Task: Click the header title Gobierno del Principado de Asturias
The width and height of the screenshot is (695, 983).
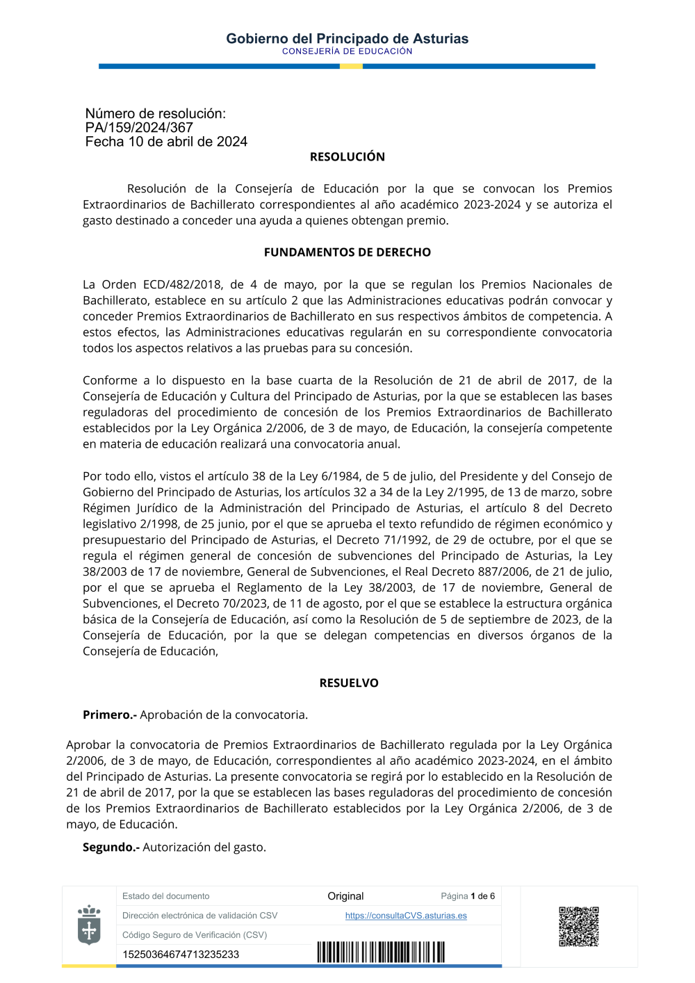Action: click(347, 38)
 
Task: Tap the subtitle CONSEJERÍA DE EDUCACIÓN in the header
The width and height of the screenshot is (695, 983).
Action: click(347, 51)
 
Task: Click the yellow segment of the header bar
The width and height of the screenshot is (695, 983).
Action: click(351, 67)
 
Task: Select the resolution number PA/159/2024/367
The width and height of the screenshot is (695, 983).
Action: click(139, 128)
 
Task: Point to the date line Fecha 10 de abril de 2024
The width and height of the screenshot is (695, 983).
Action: click(166, 142)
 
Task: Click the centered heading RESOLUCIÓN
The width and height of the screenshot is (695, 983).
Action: click(347, 157)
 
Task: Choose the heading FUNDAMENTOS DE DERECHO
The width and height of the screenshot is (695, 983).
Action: click(347, 252)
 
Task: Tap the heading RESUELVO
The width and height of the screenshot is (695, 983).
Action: click(349, 683)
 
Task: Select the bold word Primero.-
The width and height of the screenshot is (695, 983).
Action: click(110, 715)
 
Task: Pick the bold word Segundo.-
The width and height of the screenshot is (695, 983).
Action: click(111, 847)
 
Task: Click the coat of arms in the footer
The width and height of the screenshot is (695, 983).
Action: click(89, 925)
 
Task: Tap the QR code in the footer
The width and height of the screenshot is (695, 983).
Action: click(578, 926)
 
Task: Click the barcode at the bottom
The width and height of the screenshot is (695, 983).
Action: click(381, 952)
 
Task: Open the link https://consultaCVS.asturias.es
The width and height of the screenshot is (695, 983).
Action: click(406, 916)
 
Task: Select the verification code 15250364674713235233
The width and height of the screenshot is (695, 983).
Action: click(181, 954)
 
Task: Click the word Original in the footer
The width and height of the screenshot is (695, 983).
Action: click(345, 896)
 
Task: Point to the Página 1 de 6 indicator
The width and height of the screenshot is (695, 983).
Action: click(468, 896)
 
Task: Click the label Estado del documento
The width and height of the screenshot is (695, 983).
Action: click(165, 896)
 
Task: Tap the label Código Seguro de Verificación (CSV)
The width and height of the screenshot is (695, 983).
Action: click(195, 935)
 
